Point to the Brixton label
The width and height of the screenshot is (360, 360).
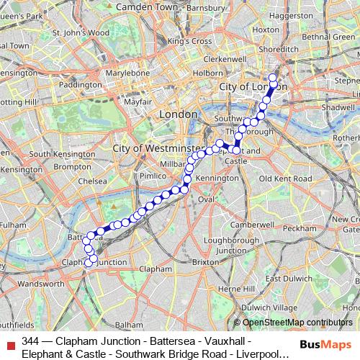pyautogui.click(x=205, y=263)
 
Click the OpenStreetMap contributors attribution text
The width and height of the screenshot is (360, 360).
pyautogui.click(x=297, y=323)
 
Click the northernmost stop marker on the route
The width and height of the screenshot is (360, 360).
pyautogui.click(x=273, y=78)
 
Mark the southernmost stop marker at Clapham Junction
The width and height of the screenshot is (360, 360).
pyautogui.click(x=89, y=264)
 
